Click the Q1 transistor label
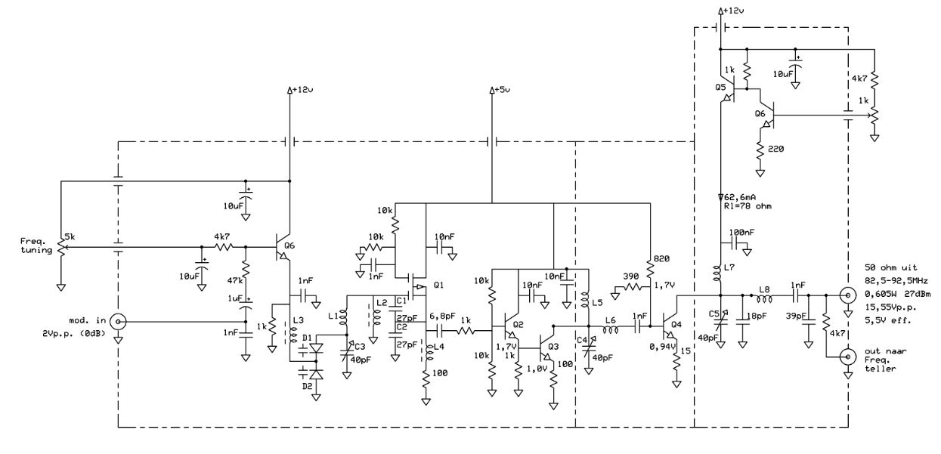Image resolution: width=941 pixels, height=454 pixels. pyautogui.click(x=438, y=285)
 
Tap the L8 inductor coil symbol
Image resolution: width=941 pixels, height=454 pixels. pyautogui.click(x=764, y=299)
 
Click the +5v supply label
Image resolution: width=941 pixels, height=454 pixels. pyautogui.click(x=502, y=89)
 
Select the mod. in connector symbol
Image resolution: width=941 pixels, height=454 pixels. pyautogui.click(x=118, y=322)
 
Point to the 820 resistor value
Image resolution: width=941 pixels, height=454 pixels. pyautogui.click(x=661, y=258)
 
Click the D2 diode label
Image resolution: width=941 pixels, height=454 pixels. pyautogui.click(x=307, y=385)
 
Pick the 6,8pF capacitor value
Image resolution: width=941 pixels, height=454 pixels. pyautogui.click(x=442, y=316)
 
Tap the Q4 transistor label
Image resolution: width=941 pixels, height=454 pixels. pyautogui.click(x=676, y=324)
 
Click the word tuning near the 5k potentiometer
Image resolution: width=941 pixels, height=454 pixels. pyautogui.click(x=36, y=250)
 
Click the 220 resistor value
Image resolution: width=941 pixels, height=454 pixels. pyautogui.click(x=775, y=149)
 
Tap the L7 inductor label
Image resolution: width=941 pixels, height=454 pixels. pyautogui.click(x=729, y=267)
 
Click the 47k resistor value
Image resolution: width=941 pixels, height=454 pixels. pyautogui.click(x=235, y=280)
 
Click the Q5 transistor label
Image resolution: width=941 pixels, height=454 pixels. pyautogui.click(x=720, y=88)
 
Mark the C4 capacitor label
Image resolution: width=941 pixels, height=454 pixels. pyautogui.click(x=582, y=340)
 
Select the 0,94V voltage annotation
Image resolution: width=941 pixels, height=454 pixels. pyautogui.click(x=663, y=347)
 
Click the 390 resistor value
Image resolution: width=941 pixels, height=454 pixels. pyautogui.click(x=630, y=276)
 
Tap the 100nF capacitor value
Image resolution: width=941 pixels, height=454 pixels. pyautogui.click(x=741, y=232)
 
